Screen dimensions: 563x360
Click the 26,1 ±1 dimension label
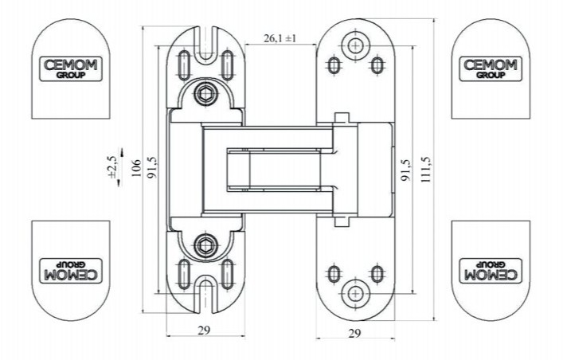tap(280, 38)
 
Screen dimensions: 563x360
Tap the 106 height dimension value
tap(136, 168)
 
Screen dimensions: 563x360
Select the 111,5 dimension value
tap(426, 169)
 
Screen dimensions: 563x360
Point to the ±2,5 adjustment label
tap(112, 166)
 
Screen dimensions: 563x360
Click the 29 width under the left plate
tap(204, 331)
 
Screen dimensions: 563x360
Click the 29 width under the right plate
tap(354, 334)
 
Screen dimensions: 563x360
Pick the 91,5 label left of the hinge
tap(152, 168)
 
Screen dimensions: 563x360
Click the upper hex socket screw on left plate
tap(205, 95)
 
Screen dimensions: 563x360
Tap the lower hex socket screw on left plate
tap(205, 245)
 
